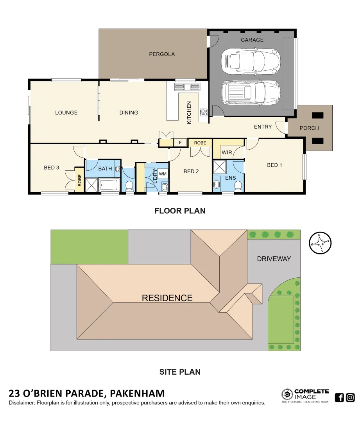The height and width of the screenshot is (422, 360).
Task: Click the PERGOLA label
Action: pyautogui.click(x=162, y=54)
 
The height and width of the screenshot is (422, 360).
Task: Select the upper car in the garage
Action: pyautogui.click(x=251, y=61)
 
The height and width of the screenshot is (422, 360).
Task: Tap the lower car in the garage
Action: pyautogui.click(x=251, y=93)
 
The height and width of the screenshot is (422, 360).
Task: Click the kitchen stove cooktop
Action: pyautogui.click(x=203, y=113)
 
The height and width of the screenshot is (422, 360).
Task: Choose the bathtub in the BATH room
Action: pyautogui.click(x=109, y=184)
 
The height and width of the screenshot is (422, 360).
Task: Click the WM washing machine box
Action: pyautogui.click(x=163, y=173)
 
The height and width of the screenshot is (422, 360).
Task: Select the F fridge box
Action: pyautogui.click(x=180, y=143)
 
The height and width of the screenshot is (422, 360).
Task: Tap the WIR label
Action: pyautogui.click(x=227, y=152)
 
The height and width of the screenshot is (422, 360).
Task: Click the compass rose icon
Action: pyautogui.click(x=320, y=243)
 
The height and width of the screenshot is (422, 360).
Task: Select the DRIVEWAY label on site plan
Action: pyautogui.click(x=274, y=259)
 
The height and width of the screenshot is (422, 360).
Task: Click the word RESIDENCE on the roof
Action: pyautogui.click(x=167, y=298)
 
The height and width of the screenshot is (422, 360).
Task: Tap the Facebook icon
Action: pyautogui.click(x=339, y=397)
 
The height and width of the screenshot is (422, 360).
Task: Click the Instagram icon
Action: pyautogui.click(x=350, y=397)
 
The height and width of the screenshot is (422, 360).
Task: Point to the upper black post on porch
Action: pyautogui.click(x=317, y=115)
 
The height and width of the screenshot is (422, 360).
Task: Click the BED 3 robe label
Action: pyautogui.click(x=80, y=179)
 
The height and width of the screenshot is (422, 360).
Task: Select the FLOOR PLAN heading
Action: pyautogui.click(x=180, y=211)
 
